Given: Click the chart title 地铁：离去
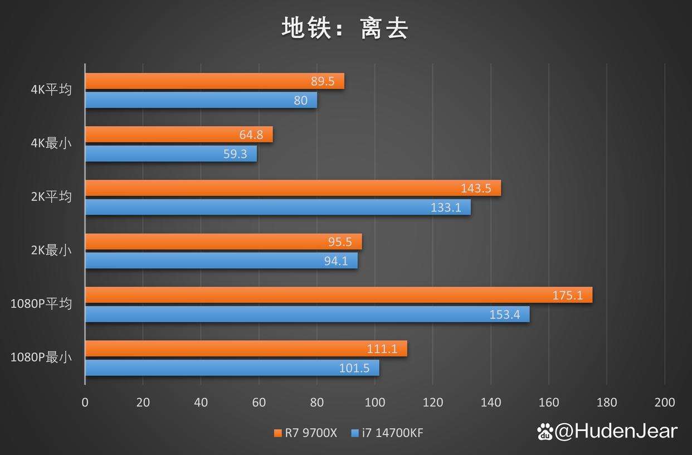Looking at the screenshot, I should [x=345, y=28].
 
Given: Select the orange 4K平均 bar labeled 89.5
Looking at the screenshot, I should [x=215, y=81].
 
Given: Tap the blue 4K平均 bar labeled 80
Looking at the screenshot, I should [x=201, y=100].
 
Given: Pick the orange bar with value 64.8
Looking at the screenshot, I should [x=178, y=134].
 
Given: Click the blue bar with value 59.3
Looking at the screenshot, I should [x=170, y=154].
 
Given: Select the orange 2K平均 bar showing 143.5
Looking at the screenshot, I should [x=293, y=188].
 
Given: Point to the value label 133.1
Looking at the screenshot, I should [x=446, y=207].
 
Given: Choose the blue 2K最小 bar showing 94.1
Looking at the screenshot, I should [x=221, y=260].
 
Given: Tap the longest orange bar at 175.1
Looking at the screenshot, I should [x=338, y=295].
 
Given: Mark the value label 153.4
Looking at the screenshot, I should [x=505, y=314].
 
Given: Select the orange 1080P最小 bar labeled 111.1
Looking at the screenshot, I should [x=246, y=348].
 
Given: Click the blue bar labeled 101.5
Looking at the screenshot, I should [x=232, y=368].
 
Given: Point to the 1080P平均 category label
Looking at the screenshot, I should [x=41, y=304].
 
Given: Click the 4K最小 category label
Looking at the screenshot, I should [x=51, y=143].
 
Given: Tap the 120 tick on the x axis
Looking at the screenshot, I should [x=432, y=403].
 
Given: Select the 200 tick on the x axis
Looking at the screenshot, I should [x=665, y=403].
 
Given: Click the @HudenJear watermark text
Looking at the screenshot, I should [x=616, y=431].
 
